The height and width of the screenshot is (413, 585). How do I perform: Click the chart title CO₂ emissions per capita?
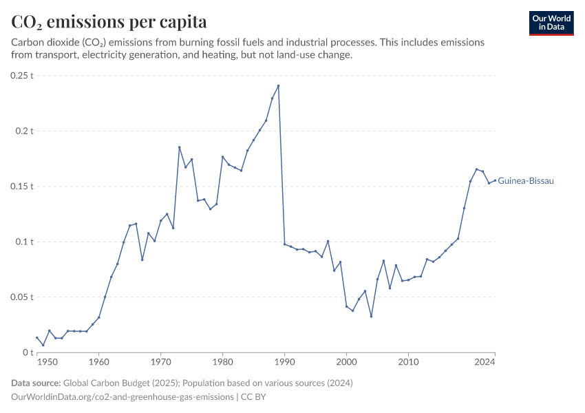click(109, 22)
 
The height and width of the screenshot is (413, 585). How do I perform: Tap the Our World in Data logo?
click(551, 23)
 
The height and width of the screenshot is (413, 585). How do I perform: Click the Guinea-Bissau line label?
click(526, 181)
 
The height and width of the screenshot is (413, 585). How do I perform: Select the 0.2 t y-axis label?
click(25, 131)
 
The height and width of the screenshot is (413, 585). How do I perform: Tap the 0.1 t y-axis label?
click(25, 242)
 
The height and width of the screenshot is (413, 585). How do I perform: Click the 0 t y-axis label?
click(29, 352)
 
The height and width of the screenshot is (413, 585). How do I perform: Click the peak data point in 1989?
click(278, 86)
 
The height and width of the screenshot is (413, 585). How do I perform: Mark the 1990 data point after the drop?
click(284, 244)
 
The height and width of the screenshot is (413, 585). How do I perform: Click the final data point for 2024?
click(495, 180)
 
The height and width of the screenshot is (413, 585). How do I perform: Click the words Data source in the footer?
click(36, 383)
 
